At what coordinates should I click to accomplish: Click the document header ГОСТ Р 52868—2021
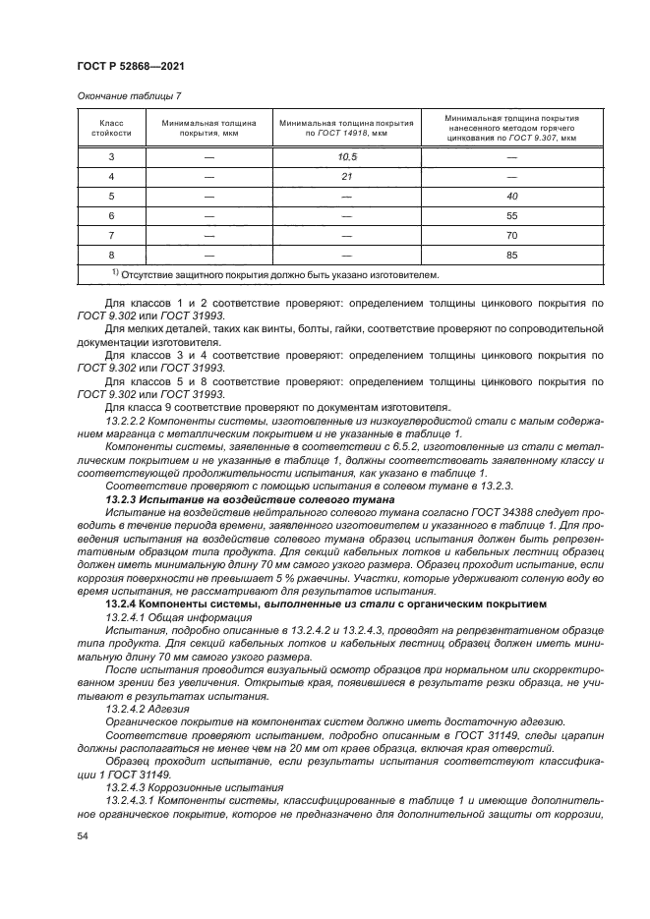[129, 65]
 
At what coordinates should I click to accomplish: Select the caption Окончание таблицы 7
[129, 96]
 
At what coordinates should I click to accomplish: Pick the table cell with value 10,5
[346, 157]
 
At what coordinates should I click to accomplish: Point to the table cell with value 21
[346, 178]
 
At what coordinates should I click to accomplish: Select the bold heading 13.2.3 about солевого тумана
[235, 499]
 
